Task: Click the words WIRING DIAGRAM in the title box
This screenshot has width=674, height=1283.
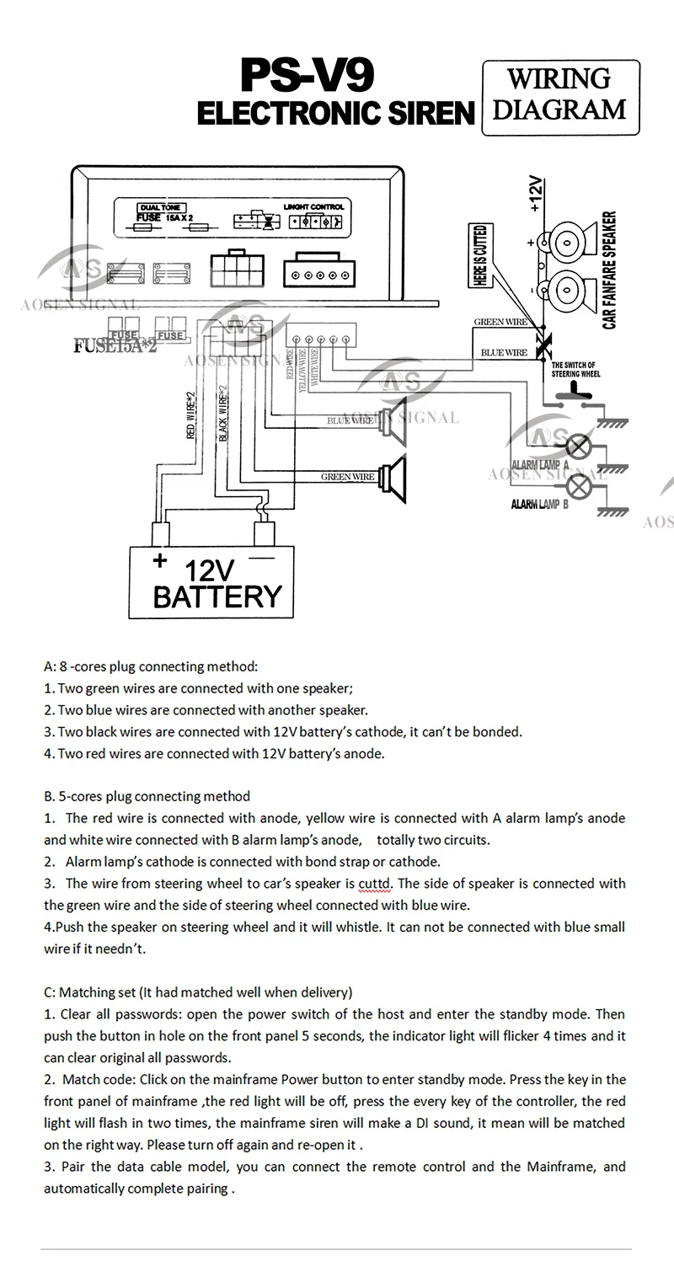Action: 559,94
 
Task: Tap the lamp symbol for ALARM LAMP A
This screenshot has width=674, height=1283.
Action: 578,446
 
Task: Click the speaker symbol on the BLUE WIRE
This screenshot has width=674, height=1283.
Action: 393,420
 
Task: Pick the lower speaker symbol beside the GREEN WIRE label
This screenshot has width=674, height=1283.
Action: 393,476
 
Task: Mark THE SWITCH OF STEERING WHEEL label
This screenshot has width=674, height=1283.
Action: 577,368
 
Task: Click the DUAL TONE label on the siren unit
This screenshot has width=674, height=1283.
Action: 161,207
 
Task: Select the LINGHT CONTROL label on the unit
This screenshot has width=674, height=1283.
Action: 316,207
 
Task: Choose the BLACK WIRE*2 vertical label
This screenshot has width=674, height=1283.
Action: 223,413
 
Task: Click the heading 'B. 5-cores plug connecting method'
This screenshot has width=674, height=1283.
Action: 147,795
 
